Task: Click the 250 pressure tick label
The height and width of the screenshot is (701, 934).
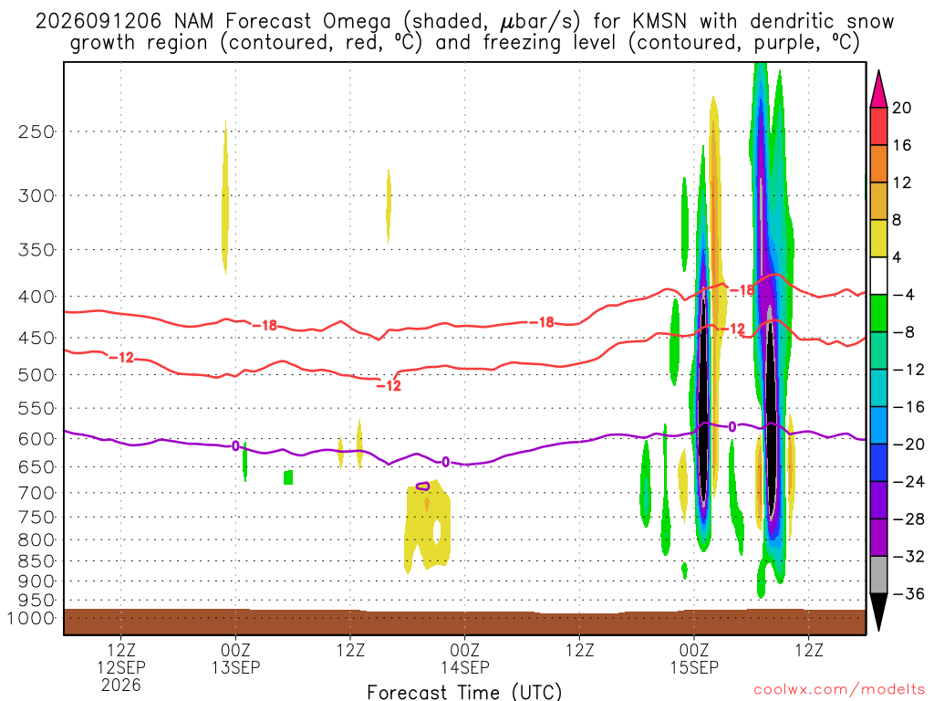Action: coord(36,131)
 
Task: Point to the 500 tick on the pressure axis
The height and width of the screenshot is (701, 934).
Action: coord(36,375)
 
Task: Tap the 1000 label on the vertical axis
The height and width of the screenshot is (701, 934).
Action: coord(31,618)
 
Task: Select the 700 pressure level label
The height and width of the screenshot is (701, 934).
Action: coord(36,493)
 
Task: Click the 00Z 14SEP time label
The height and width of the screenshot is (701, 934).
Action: coord(464,659)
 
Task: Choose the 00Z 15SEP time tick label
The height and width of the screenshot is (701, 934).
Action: coord(694,659)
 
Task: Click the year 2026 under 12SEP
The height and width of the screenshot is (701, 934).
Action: coord(121,685)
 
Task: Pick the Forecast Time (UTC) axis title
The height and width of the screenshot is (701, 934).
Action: coord(464,692)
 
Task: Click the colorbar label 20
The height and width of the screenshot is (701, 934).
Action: coord(902,108)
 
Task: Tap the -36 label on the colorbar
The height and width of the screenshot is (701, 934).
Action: coord(908,593)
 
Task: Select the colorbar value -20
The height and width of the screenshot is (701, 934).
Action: coord(908,445)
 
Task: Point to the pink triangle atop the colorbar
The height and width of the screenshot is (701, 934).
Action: coord(878,89)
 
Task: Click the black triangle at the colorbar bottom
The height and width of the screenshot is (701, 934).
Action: coord(878,612)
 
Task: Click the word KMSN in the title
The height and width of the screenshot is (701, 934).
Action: coord(659,22)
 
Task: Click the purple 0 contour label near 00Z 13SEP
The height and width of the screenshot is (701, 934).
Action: coord(235,445)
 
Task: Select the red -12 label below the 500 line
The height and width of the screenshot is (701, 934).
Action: coord(389,386)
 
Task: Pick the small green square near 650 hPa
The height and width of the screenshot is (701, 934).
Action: coord(288,477)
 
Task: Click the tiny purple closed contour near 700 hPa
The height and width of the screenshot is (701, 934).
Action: coord(422,487)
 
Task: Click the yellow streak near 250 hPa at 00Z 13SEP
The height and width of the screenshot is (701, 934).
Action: coord(224,197)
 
